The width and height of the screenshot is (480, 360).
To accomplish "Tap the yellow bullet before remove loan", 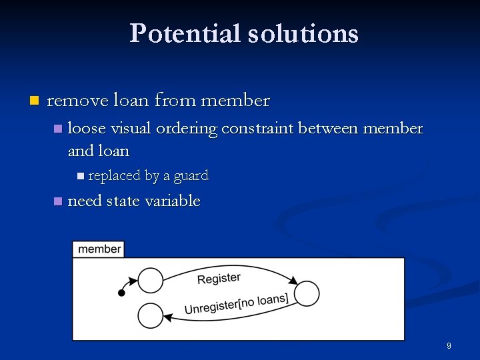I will click(x=34, y=101).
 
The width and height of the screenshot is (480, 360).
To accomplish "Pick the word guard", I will click(x=191, y=176).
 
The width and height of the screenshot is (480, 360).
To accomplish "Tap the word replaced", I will click(x=114, y=176).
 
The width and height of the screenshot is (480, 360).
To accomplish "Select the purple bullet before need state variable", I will click(x=58, y=201).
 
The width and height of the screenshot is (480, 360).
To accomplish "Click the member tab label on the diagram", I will click(x=99, y=249).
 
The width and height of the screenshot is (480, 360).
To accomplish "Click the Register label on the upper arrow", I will click(x=219, y=278).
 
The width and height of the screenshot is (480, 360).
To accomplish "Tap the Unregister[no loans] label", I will click(x=236, y=303).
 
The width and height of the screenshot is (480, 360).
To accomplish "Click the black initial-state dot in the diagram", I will click(x=121, y=293).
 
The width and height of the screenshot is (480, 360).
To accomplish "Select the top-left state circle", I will click(x=151, y=281).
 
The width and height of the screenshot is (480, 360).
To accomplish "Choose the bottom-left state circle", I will click(x=151, y=315).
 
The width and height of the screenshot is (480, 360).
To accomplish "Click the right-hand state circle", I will click(x=307, y=293).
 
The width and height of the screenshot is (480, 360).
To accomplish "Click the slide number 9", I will click(x=449, y=346).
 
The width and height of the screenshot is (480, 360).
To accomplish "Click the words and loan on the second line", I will click(x=99, y=151).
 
